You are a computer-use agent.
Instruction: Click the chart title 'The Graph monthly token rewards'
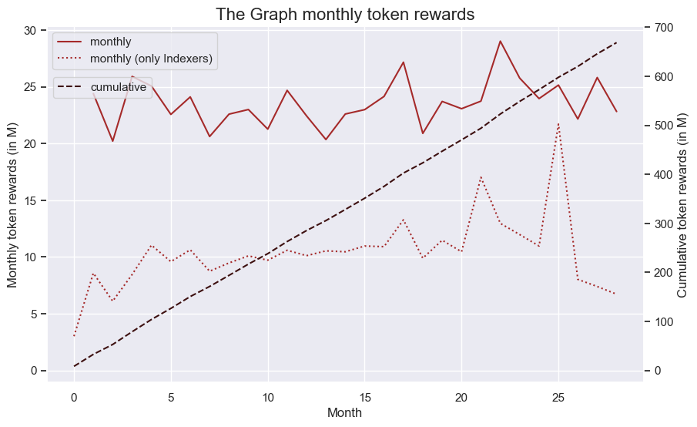click(345, 14)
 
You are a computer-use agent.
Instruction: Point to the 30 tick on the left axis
click(29, 30)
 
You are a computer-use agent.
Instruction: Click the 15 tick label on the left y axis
click(29, 200)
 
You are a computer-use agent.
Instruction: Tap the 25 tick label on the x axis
click(558, 398)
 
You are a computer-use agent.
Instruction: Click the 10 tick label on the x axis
click(268, 398)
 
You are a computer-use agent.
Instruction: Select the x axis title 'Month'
click(344, 413)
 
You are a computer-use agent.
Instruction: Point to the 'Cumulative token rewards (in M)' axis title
click(682, 205)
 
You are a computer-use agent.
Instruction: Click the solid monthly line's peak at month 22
click(500, 41)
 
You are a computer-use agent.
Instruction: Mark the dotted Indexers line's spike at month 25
click(558, 123)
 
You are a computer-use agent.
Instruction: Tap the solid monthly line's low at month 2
click(113, 141)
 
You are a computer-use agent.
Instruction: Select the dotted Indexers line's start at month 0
click(74, 336)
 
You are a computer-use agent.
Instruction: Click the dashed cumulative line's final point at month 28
click(617, 42)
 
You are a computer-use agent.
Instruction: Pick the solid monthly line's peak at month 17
click(403, 62)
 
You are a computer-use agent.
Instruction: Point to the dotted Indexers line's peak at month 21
click(481, 177)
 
